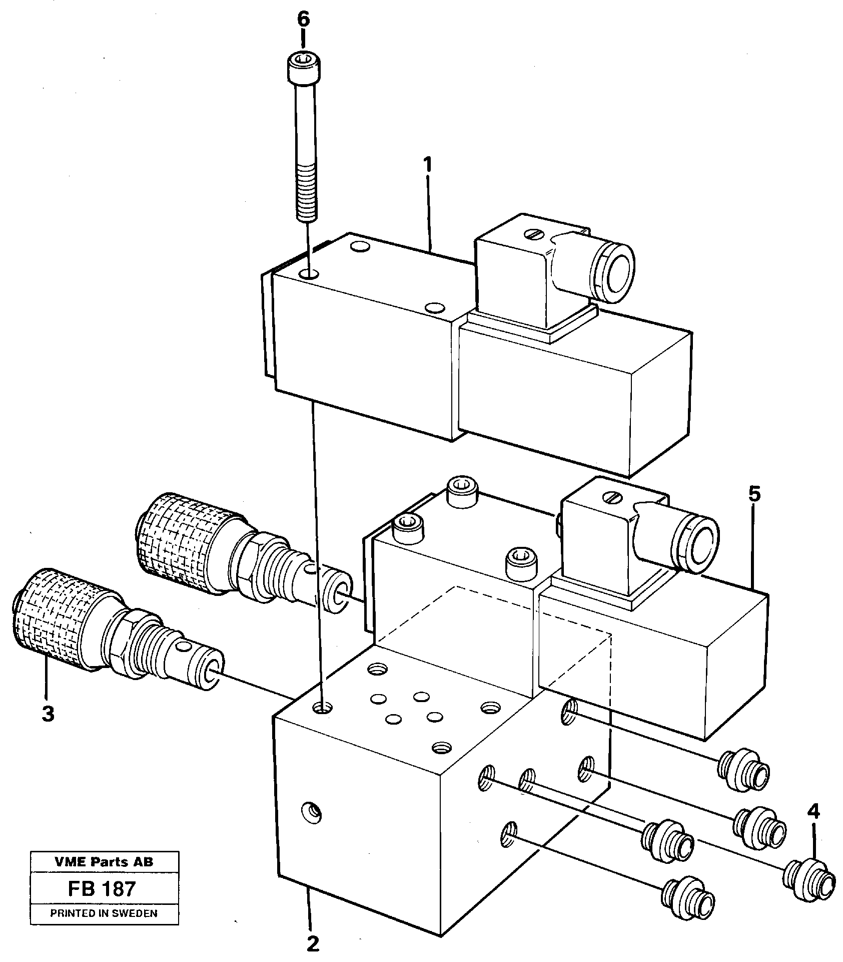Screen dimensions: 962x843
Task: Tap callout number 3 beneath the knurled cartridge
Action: click(48, 714)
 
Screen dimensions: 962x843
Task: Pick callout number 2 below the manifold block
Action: click(313, 944)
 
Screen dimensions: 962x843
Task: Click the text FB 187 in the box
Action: click(104, 889)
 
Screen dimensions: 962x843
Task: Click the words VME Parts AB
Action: click(104, 862)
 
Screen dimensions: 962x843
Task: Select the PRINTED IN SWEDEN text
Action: click(104, 913)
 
